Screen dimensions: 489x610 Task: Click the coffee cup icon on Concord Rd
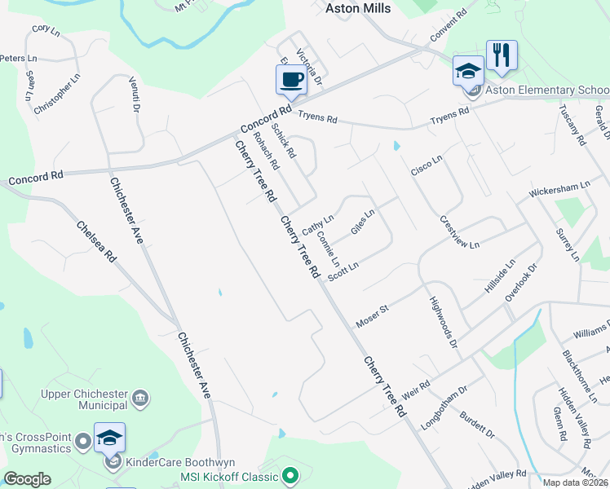click(x=290, y=79)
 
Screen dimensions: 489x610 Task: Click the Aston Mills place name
click(x=358, y=9)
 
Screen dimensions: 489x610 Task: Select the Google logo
click(x=27, y=479)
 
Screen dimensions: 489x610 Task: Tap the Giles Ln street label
click(x=362, y=221)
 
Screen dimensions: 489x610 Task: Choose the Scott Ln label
click(x=343, y=272)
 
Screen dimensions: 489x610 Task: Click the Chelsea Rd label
click(x=96, y=241)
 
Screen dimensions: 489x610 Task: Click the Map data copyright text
click(x=575, y=482)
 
